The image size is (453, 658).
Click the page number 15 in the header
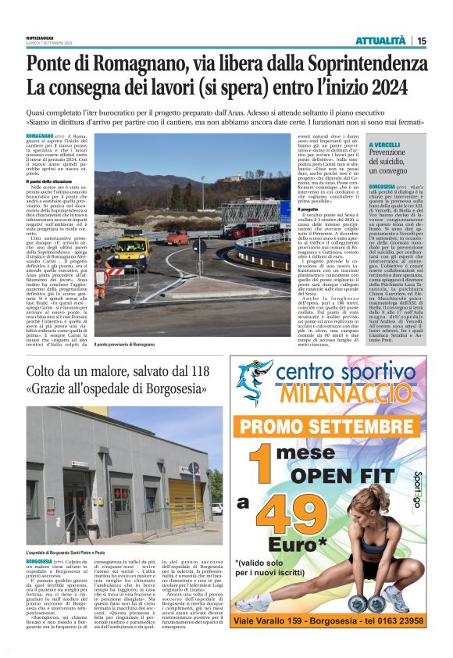coord(421,41)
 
